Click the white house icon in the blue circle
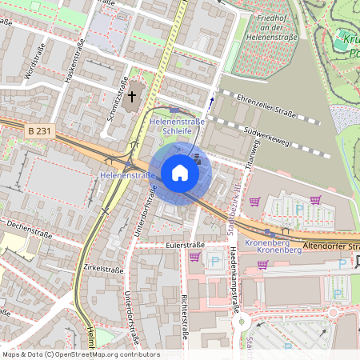click(180, 173)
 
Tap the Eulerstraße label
click(181, 244)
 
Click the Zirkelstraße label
click(102, 270)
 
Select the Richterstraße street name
click(184, 317)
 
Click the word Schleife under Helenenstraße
click(176, 130)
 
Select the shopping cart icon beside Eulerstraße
click(194, 257)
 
